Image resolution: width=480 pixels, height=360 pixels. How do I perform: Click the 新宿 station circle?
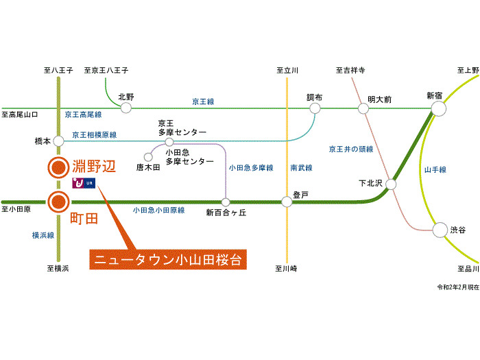(x=438, y=108)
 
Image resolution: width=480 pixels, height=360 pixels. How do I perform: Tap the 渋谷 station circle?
(x=439, y=231)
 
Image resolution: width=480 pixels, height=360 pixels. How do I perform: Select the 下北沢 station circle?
(x=392, y=184)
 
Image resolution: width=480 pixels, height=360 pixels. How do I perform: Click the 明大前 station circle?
(x=363, y=108)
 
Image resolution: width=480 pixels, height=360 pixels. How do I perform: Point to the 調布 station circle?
(x=315, y=108)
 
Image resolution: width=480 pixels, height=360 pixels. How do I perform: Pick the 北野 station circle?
(x=125, y=108)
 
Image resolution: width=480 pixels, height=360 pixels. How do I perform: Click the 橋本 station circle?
(x=58, y=141)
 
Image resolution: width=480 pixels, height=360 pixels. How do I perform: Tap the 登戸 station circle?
(x=287, y=202)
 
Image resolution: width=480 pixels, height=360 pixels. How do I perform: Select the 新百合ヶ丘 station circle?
(x=226, y=202)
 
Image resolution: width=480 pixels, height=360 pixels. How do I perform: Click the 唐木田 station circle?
(x=147, y=156)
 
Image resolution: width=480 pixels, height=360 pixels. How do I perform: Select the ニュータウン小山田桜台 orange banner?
(x=168, y=261)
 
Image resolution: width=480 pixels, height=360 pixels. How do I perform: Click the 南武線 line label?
(x=301, y=167)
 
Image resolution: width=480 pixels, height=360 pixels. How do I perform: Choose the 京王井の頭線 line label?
(x=350, y=149)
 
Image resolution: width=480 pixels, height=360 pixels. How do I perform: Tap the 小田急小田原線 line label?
(x=159, y=211)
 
